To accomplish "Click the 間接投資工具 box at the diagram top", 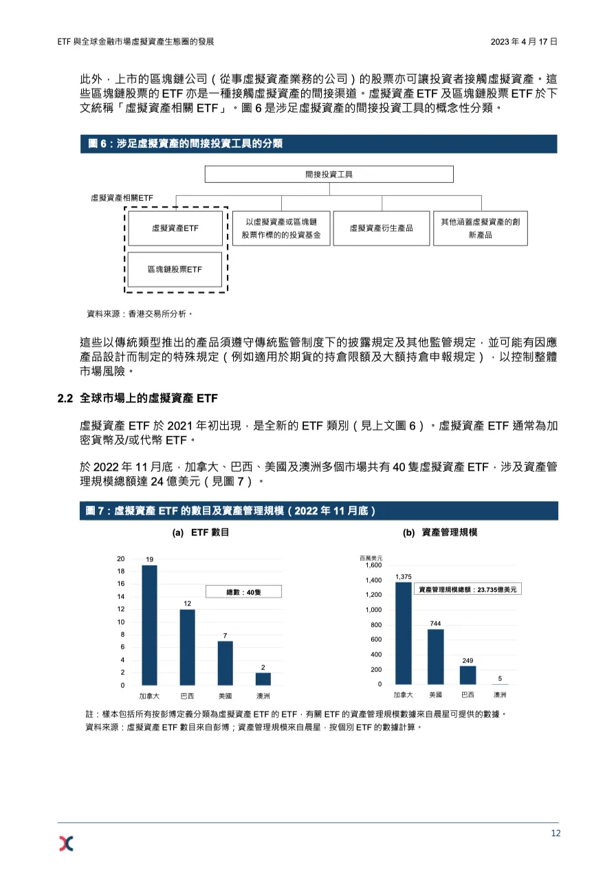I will (x=329, y=174).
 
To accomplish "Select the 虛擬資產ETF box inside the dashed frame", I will (x=175, y=228).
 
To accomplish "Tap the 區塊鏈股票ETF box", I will (x=175, y=270).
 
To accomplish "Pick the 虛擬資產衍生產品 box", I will (x=381, y=228).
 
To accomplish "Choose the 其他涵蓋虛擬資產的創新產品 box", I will (x=480, y=228).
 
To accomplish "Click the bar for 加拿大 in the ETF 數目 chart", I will (x=149, y=625).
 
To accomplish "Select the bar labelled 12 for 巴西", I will (x=187, y=647).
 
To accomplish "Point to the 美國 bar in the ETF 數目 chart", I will (x=225, y=663).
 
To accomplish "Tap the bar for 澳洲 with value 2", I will (x=263, y=679).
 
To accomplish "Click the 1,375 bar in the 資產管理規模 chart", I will (x=404, y=633).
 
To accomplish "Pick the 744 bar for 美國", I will (x=435, y=657).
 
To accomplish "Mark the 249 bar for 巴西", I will (x=467, y=675).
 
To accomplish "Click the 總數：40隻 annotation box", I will (x=243, y=591).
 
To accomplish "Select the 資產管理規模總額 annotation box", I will (x=467, y=589).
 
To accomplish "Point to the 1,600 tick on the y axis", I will (x=373, y=565).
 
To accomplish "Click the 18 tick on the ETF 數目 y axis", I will (x=121, y=571).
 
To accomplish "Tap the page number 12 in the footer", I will (x=555, y=833).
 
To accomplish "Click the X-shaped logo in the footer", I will (x=66, y=843).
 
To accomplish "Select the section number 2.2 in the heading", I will (x=65, y=397).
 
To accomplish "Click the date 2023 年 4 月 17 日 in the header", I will (x=523, y=42).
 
